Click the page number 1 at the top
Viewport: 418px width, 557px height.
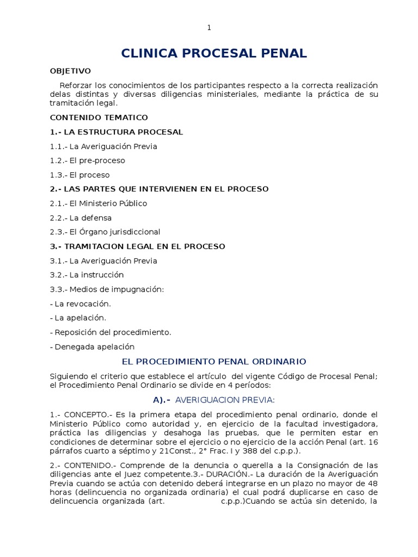click(209, 28)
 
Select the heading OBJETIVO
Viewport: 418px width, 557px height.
click(71, 71)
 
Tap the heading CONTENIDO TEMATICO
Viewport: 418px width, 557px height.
click(99, 117)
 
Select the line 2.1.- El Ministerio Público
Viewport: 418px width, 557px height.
click(99, 203)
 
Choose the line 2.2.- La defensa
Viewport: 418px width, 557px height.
click(81, 218)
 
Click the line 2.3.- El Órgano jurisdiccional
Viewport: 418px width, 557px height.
click(105, 232)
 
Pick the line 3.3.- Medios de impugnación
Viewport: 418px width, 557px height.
click(107, 289)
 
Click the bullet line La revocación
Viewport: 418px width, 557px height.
click(80, 304)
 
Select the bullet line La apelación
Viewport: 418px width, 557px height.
click(78, 318)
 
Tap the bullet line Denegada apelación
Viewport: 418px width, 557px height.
click(92, 346)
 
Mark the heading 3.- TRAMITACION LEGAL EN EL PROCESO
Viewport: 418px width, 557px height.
click(138, 246)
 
